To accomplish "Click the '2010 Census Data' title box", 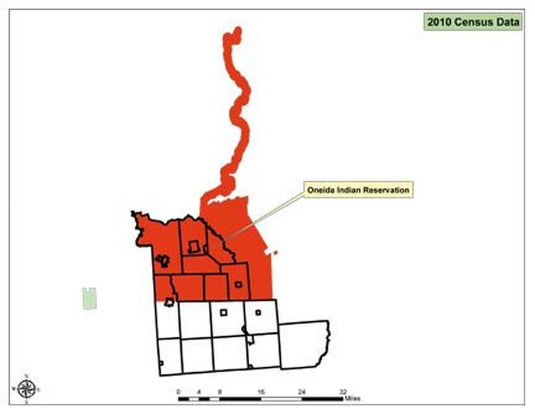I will pyautogui.click(x=473, y=22).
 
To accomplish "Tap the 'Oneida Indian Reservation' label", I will pyautogui.click(x=358, y=190).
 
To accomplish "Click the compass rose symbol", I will pyautogui.click(x=27, y=389).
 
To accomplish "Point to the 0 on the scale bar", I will pyautogui.click(x=178, y=392).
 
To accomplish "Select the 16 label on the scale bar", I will pyautogui.click(x=261, y=392).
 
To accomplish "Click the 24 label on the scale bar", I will pyautogui.click(x=302, y=392).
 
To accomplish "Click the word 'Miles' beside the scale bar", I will pyautogui.click(x=352, y=398).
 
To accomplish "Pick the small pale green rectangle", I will pyautogui.click(x=89, y=298).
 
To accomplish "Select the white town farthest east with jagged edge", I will pyautogui.click(x=304, y=344).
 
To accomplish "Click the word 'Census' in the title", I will pyautogui.click(x=473, y=22).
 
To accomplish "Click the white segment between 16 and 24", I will pyautogui.click(x=281, y=398).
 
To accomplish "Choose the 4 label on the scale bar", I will pyautogui.click(x=199, y=392).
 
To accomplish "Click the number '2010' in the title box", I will pyautogui.click(x=440, y=22).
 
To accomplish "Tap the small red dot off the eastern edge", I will pyautogui.click(x=276, y=253).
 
